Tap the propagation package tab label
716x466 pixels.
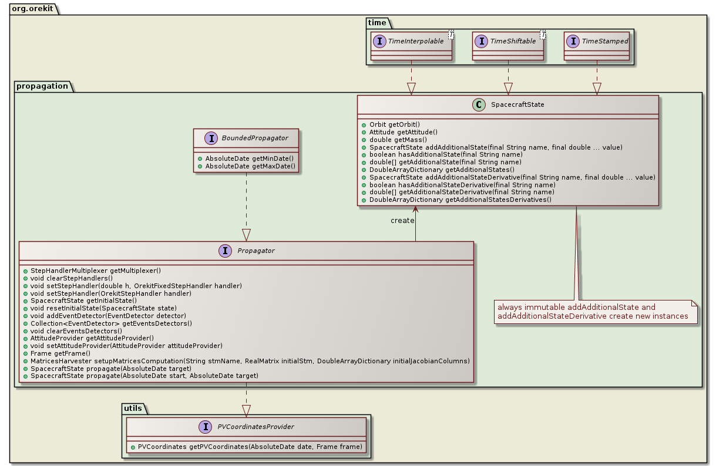coord(42,86)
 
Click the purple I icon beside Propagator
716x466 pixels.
coord(224,251)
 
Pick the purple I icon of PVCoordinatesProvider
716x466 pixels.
coord(205,427)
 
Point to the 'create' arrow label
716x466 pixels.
coord(402,221)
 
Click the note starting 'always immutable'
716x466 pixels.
coord(593,312)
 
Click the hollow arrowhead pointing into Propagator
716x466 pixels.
coord(246,234)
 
